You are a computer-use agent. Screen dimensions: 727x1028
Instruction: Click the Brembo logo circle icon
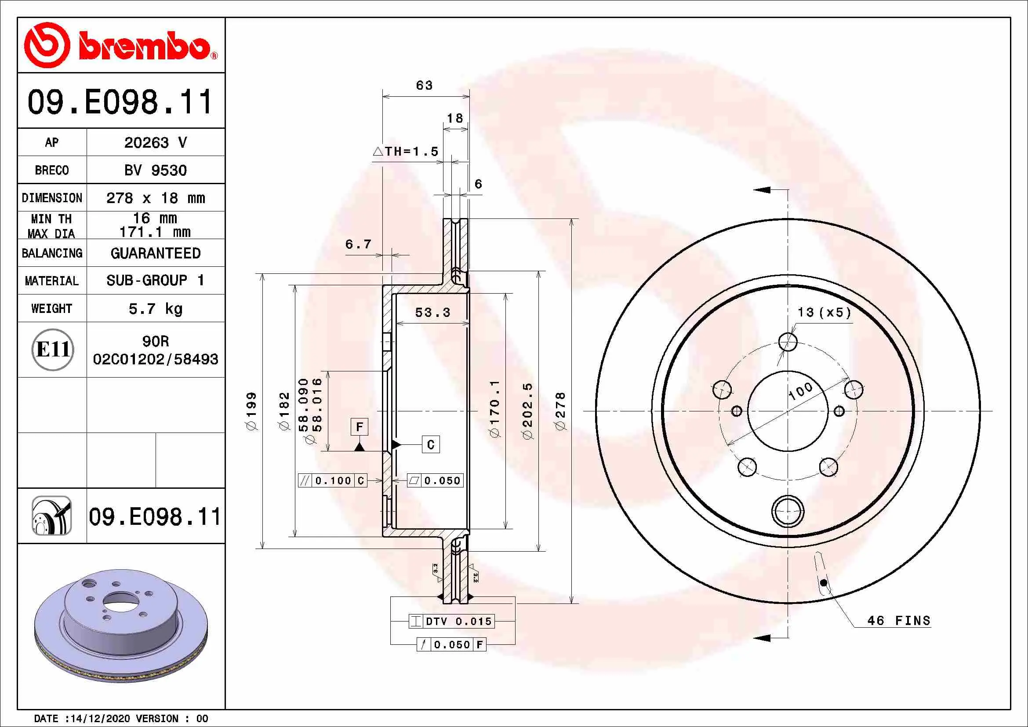47,45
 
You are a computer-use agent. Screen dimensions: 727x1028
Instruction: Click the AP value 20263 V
155,143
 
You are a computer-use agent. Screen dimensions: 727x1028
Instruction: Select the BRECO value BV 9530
155,171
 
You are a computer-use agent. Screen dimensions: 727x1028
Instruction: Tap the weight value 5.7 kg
155,309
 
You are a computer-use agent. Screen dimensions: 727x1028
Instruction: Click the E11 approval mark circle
52,349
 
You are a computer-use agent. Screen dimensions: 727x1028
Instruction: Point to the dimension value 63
424,86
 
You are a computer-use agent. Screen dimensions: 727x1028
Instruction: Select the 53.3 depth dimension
432,313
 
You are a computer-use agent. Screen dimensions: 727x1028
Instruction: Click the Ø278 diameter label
560,411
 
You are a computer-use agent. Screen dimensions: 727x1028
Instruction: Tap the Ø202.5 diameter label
528,411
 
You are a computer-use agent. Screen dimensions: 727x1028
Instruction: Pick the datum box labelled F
359,427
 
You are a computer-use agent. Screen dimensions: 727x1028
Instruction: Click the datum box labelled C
431,444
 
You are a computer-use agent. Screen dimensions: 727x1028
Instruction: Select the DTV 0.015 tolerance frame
452,622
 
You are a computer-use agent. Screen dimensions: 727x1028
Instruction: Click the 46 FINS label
899,621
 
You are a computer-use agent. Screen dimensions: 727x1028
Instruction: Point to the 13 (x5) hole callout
824,313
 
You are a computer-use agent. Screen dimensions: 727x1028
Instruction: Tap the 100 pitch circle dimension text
800,391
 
